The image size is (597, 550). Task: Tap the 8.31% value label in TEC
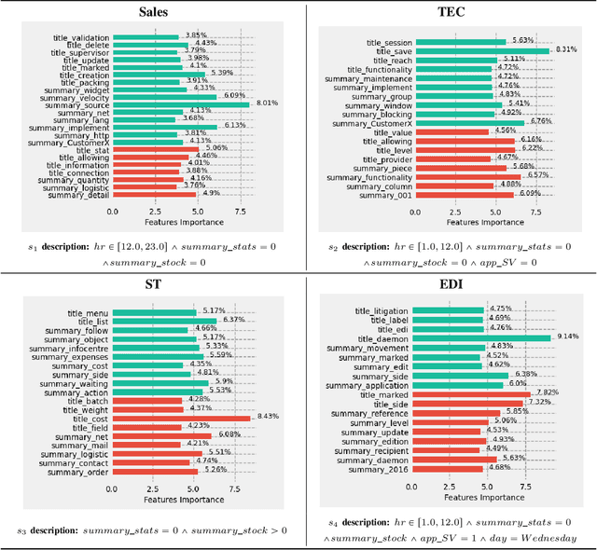tap(566, 49)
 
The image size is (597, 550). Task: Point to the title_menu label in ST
tap(84, 313)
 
